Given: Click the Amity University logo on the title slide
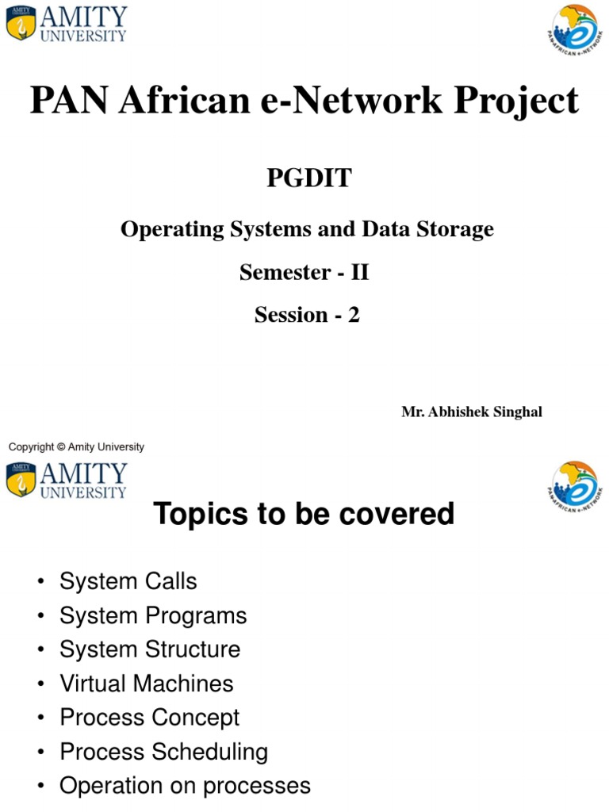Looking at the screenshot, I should [x=66, y=24].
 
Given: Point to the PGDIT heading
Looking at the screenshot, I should [x=308, y=178].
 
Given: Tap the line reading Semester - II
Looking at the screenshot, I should [x=304, y=273].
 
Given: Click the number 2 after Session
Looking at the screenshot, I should [x=354, y=316].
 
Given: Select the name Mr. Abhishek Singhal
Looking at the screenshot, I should [x=472, y=412].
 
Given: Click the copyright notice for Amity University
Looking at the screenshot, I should [x=76, y=447].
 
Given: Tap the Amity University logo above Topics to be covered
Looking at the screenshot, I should [x=66, y=481].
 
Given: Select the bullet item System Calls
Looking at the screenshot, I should [x=128, y=581].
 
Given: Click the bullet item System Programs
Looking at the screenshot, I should [x=153, y=615].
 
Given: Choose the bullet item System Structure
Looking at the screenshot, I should [x=149, y=649].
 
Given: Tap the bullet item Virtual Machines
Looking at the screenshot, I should [x=146, y=684].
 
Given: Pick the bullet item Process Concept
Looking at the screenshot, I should [x=149, y=718].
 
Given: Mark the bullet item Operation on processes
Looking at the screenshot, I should [x=185, y=786].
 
